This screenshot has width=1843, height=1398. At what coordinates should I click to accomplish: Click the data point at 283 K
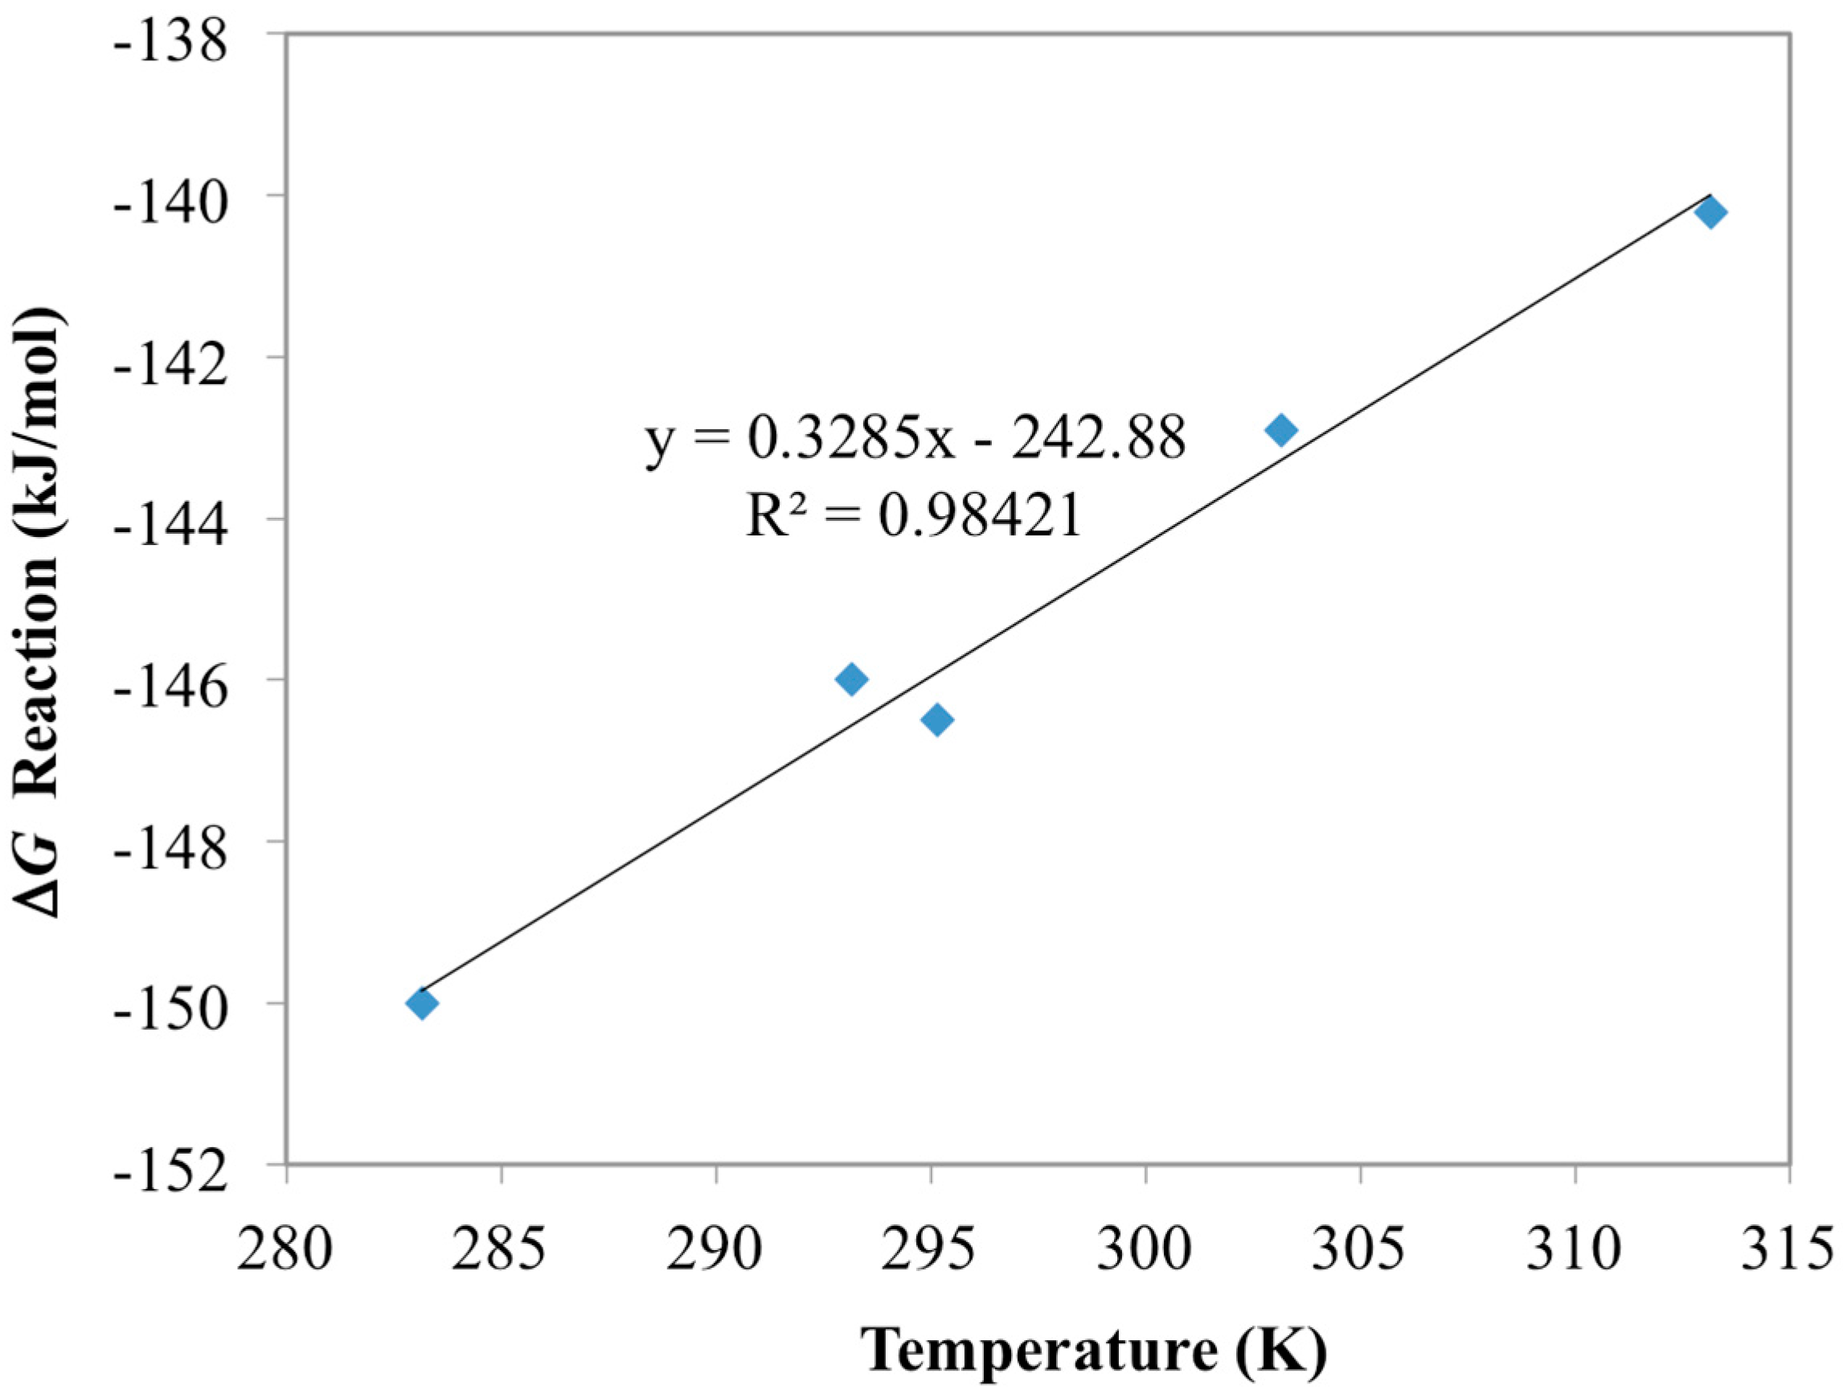[422, 1002]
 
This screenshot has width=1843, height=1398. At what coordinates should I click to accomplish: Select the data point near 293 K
[850, 679]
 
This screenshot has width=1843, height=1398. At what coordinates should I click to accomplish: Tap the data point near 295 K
[936, 719]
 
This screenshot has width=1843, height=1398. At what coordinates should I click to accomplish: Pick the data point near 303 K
[1280, 430]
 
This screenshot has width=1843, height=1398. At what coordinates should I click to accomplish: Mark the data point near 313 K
[1710, 213]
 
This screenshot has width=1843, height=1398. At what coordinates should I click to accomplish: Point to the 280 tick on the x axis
[285, 1250]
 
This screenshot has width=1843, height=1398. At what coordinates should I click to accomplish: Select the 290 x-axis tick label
[715, 1250]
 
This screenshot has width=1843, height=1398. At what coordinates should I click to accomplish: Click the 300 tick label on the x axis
[1145, 1250]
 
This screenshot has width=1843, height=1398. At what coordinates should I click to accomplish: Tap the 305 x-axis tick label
[1360, 1250]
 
